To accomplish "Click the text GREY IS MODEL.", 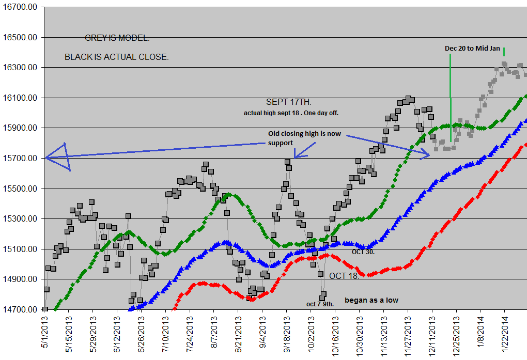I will point(117,39).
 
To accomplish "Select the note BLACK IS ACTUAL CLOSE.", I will point(116,57).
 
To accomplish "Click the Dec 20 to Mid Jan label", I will point(472,48).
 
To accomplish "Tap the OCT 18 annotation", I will point(343,276).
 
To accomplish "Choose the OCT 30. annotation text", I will point(363,252).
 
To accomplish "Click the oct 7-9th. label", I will point(320,304).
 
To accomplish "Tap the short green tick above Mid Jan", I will point(504,51).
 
